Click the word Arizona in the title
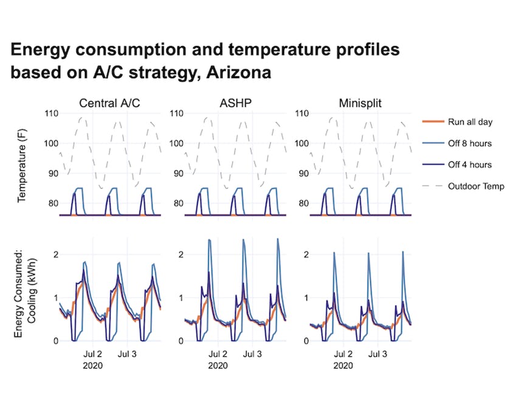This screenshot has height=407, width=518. tap(238, 72)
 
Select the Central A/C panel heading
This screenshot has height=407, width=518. tap(109, 103)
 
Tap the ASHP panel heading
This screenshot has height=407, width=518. tap(235, 103)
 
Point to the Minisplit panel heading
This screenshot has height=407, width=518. tap(360, 103)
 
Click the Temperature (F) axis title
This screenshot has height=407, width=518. tap(22, 165)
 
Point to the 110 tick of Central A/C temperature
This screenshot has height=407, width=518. tap(51, 114)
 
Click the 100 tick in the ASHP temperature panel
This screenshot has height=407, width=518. tap(176, 143)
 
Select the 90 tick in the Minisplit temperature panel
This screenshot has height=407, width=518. tap(304, 173)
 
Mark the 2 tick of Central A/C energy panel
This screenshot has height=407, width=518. tap(56, 255)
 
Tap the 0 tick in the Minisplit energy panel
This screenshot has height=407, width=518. tap(306, 341)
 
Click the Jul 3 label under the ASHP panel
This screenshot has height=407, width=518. tap(252, 354)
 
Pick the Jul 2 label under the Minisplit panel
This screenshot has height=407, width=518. tap(344, 354)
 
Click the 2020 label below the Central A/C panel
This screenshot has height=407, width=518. tap(93, 366)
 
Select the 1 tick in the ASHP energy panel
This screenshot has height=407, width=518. tap(181, 298)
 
